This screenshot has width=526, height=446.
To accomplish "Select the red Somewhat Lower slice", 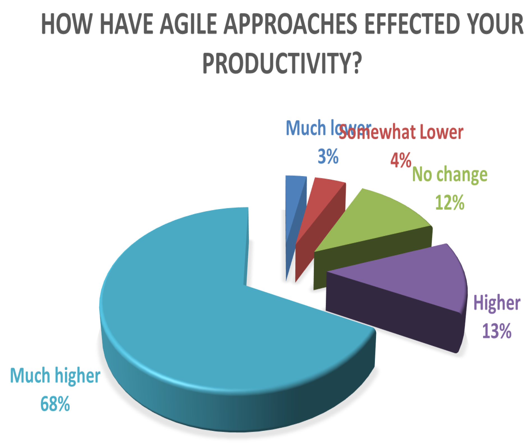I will pyautogui.click(x=322, y=202).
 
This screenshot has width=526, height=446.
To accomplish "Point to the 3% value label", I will pyautogui.click(x=328, y=156).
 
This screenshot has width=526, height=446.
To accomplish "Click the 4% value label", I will pyautogui.click(x=401, y=160).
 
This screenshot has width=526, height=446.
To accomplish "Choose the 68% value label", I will pyautogui.click(x=55, y=404).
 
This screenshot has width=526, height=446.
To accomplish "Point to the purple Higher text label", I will pyautogui.click(x=497, y=303).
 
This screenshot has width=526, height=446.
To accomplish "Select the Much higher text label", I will pyautogui.click(x=55, y=376).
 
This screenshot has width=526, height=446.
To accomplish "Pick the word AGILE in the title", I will pyautogui.click(x=188, y=24).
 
